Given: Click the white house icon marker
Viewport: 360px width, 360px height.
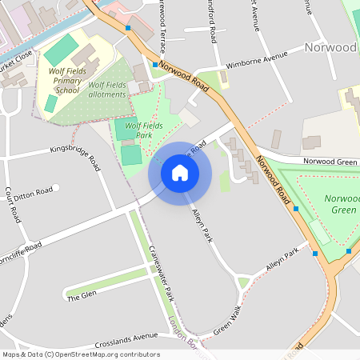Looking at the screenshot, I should coord(179,173).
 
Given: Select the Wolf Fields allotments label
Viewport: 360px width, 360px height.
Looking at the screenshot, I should coord(107,90).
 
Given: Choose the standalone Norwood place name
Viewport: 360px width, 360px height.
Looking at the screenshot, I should coord(330,47).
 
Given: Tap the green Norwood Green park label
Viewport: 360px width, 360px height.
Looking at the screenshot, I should coord(337,203).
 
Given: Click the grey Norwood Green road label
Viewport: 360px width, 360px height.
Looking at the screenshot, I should coord(329,162).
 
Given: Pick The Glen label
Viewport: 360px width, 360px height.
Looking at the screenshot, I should coord(82,296).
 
